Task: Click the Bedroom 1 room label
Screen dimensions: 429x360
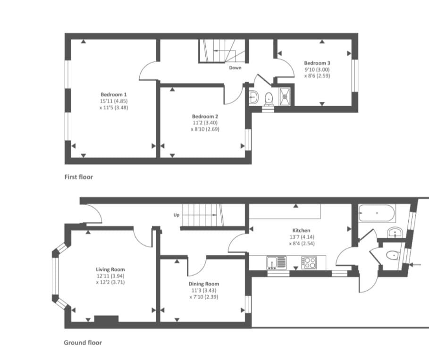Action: (114, 95)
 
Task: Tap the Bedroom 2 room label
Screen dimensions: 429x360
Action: (205, 117)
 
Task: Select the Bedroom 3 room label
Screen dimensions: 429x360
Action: (317, 63)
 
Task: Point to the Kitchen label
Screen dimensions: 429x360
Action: (301, 230)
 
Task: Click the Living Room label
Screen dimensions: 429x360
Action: (110, 270)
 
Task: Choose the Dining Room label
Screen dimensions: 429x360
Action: (204, 284)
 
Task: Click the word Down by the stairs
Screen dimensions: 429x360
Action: (236, 67)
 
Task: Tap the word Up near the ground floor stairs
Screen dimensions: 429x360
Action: (177, 215)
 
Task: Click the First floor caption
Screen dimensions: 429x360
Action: (78, 177)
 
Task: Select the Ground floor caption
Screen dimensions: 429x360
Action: (83, 343)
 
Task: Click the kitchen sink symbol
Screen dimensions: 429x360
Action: (277, 263)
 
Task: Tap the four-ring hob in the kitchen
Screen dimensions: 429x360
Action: (309, 263)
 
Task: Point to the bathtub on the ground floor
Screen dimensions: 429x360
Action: (377, 213)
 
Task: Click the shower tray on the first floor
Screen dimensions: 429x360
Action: (286, 96)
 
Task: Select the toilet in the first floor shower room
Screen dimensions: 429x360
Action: (269, 99)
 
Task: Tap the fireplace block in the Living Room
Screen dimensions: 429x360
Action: (107, 319)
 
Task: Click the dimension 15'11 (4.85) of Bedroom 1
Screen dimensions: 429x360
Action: (114, 101)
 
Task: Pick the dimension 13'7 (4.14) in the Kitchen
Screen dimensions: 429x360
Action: (301, 237)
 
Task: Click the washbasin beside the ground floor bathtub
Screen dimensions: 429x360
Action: (395, 233)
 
